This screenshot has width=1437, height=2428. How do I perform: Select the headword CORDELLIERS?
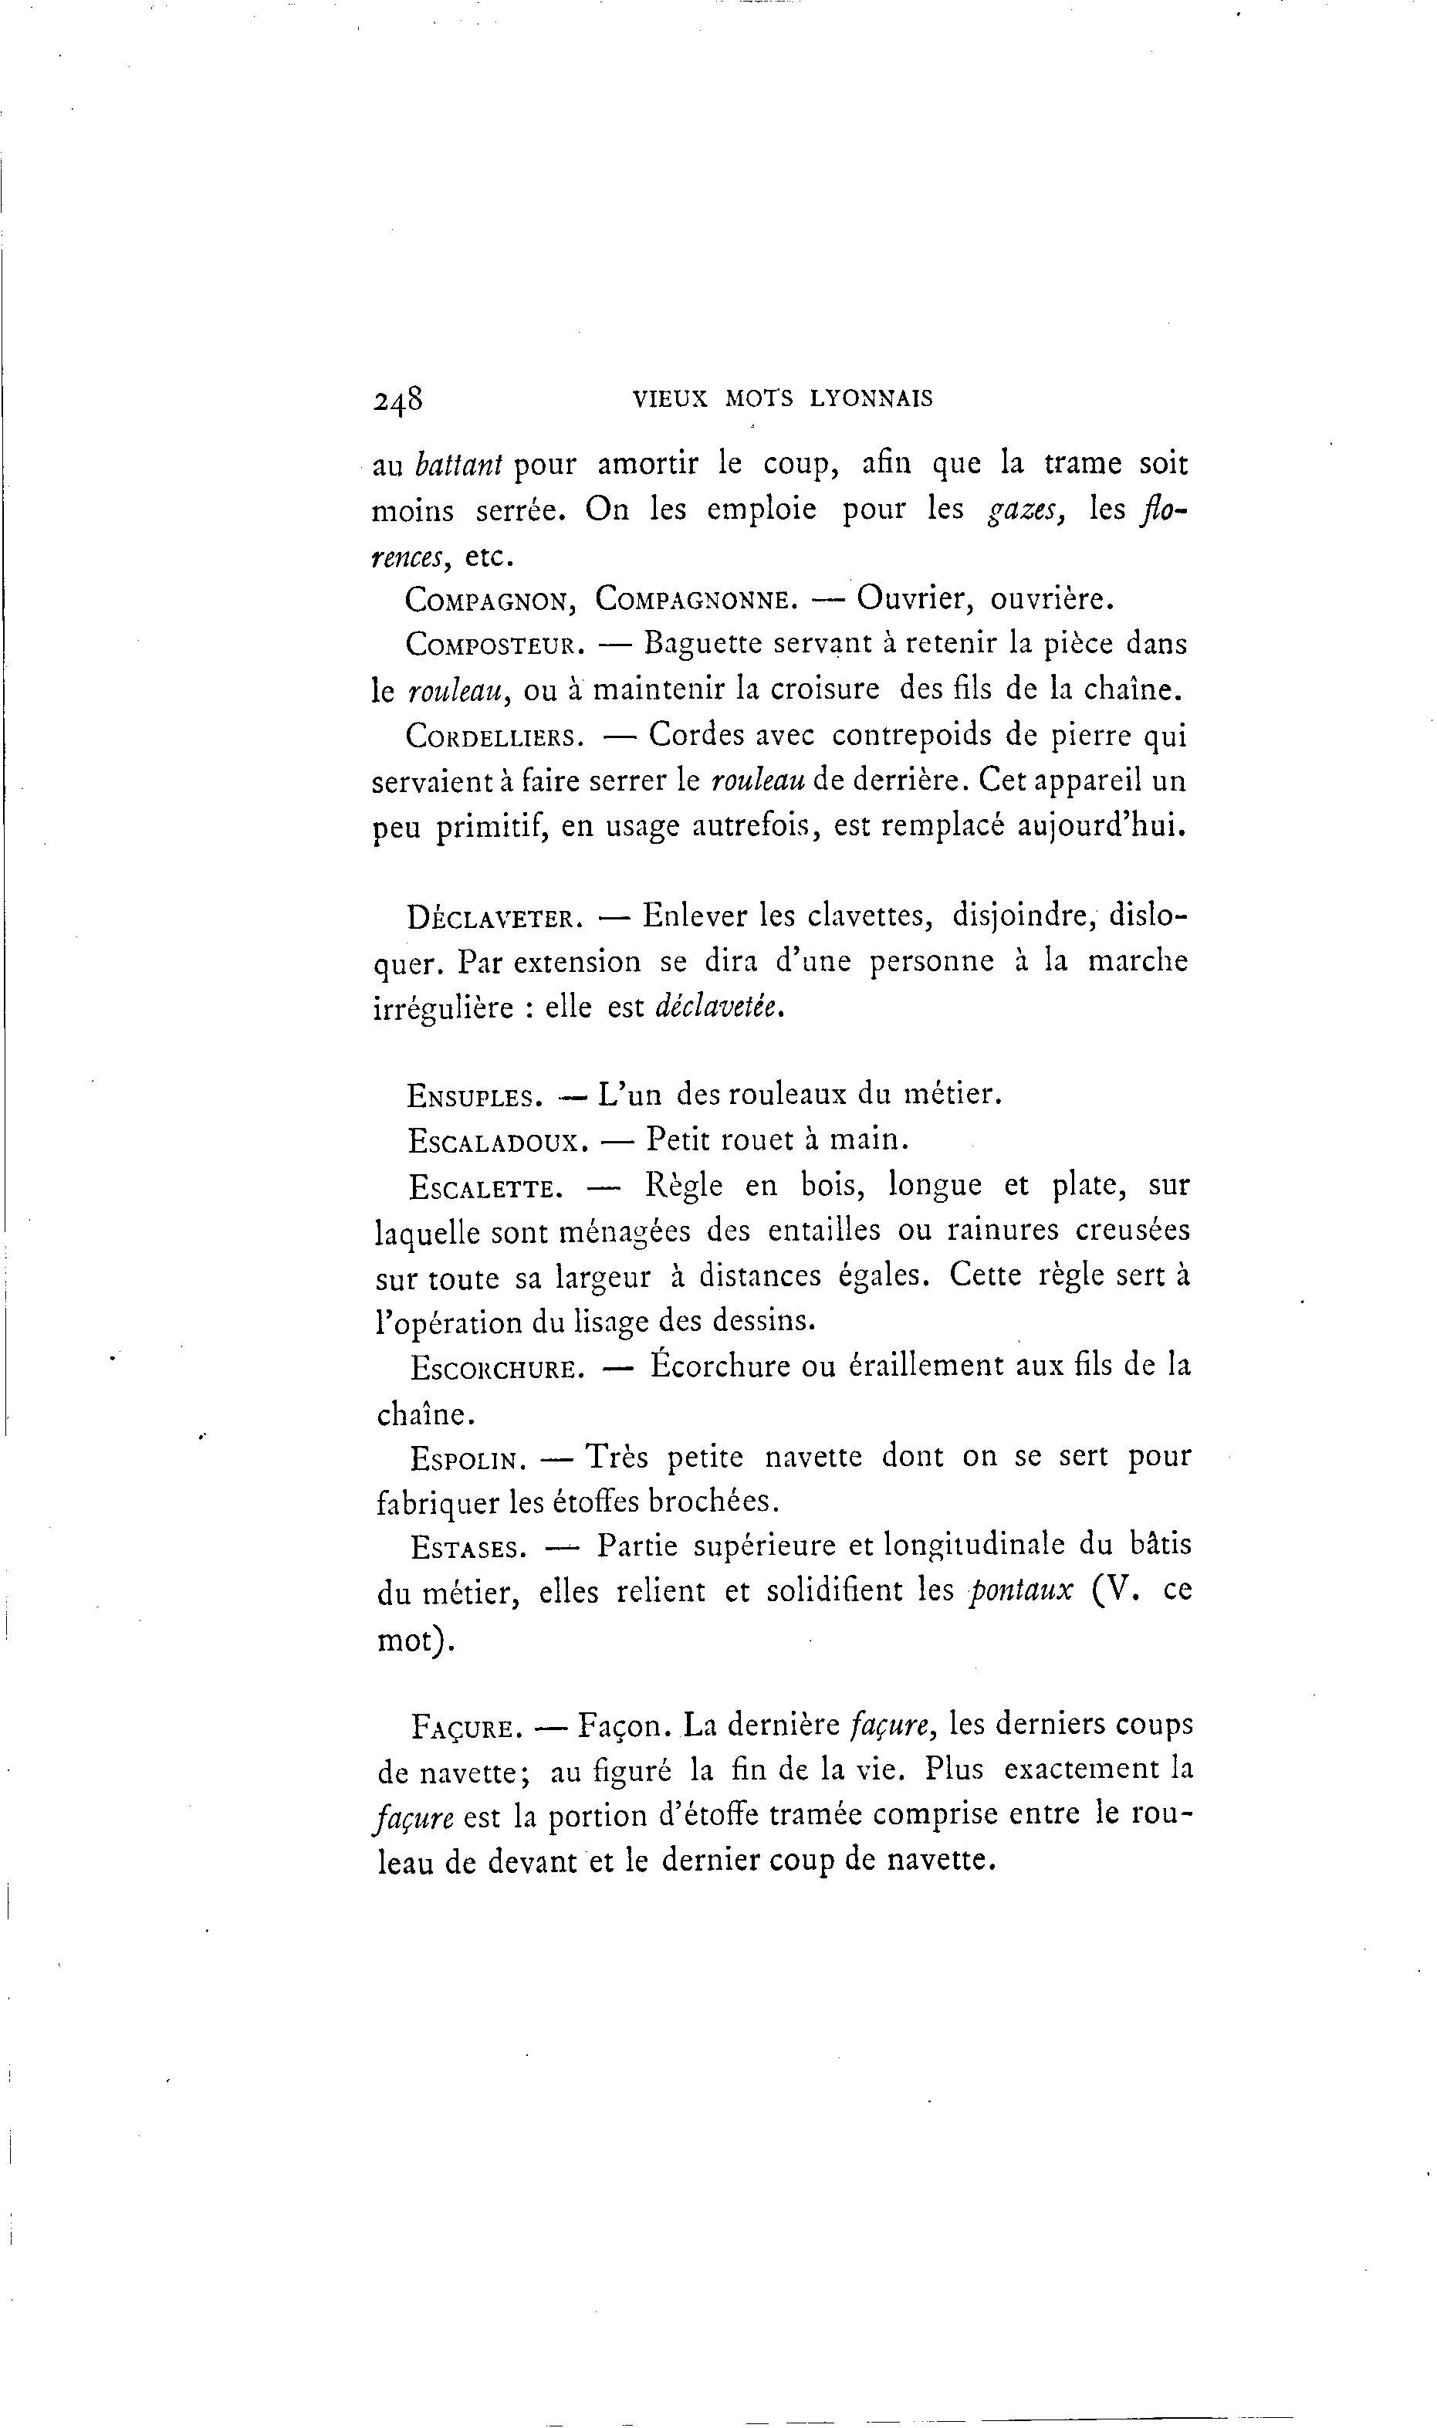495,737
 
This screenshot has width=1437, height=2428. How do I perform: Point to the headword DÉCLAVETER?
495,918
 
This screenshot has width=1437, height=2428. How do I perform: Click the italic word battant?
458,466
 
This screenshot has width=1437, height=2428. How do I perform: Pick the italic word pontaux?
1022,1591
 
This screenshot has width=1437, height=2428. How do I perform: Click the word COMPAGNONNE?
695,600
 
